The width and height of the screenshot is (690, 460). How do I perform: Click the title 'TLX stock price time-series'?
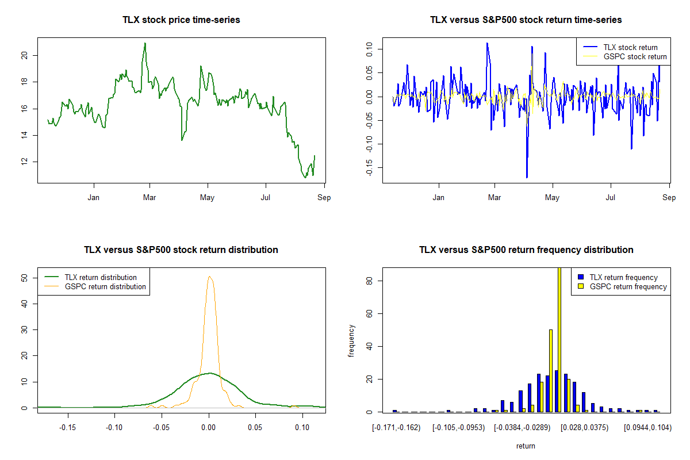(181, 20)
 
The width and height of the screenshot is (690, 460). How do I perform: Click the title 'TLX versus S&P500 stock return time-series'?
(526, 20)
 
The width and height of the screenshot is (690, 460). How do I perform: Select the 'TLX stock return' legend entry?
(630, 47)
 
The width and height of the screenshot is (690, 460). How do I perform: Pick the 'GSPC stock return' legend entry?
(635, 56)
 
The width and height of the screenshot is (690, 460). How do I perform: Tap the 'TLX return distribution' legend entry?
(101, 277)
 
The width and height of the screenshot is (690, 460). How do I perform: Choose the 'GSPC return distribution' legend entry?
(105, 286)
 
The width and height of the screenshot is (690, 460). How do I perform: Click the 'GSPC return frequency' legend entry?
(628, 286)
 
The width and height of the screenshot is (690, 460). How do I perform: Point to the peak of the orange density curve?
(210, 277)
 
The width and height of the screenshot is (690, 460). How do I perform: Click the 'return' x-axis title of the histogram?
(526, 446)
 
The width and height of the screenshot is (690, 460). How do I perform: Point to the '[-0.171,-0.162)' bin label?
(396, 428)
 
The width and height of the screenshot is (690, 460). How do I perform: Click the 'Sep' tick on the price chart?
(324, 198)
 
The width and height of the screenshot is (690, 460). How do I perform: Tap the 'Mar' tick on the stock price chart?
(149, 198)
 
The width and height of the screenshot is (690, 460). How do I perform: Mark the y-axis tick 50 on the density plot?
(24, 277)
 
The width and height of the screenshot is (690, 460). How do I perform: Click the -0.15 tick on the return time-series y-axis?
(369, 167)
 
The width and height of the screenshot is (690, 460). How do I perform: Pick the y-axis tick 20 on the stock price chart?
(24, 55)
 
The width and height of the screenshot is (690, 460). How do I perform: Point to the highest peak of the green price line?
(145, 43)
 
